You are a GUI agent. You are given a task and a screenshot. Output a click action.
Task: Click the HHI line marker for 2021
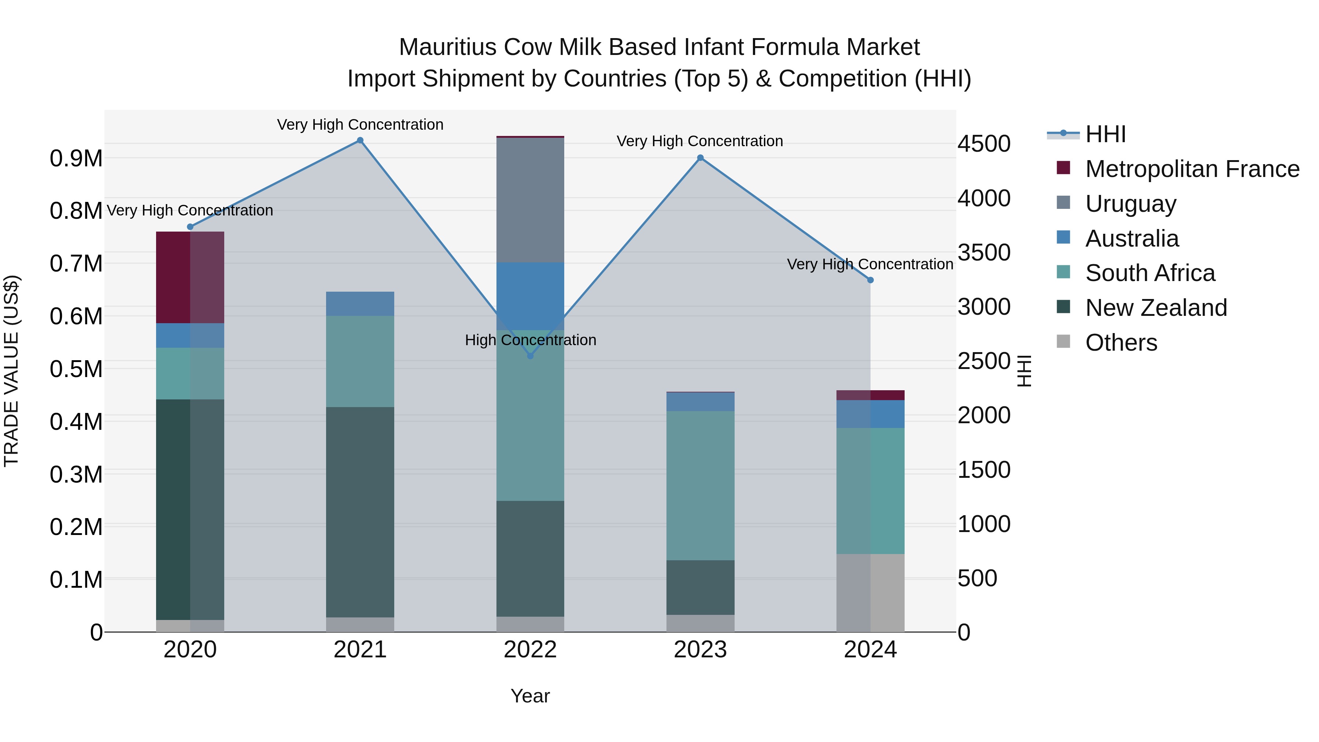point(360,140)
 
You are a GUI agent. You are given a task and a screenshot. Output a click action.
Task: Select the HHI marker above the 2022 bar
point(531,356)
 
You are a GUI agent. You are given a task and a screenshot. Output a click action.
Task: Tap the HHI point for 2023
point(701,158)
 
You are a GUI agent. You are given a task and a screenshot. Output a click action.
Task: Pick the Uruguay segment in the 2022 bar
point(531,200)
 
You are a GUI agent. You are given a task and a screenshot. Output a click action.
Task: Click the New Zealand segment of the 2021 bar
point(360,512)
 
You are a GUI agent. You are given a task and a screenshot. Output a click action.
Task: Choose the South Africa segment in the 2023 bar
point(701,486)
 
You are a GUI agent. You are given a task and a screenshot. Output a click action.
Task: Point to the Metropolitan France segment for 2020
point(190,277)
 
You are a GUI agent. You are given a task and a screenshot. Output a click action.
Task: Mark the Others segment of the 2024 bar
point(871,593)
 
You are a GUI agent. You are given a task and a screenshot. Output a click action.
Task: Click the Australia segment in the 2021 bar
point(360,304)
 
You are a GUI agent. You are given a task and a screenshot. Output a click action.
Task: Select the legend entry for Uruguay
point(1131,204)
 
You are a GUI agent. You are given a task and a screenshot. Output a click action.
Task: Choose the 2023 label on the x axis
point(701,650)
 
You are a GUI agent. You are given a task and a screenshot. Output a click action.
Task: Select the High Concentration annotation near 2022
point(531,340)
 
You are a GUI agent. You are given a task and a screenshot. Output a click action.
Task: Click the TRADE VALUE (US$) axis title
point(11,371)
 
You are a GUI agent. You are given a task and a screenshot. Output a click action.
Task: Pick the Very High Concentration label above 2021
point(360,125)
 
